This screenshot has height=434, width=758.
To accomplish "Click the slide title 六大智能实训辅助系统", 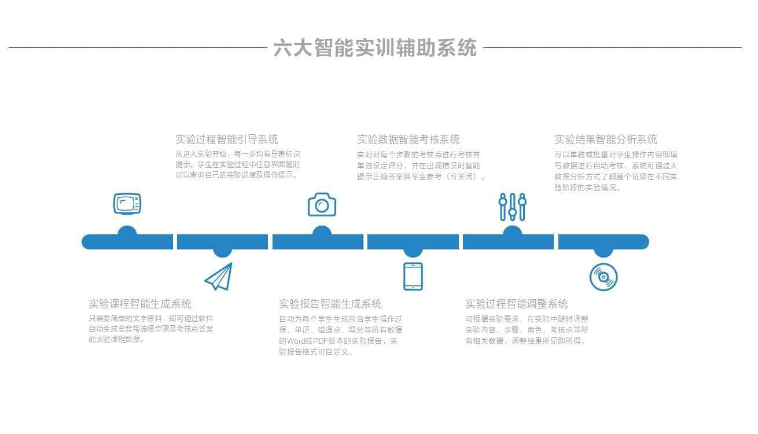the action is (375, 47).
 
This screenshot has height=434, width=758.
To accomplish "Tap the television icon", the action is (127, 204).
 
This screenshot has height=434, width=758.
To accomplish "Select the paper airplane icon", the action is (219, 277).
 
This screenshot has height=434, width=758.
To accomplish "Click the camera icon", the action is (322, 204).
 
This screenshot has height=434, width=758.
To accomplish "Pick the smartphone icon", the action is (413, 276).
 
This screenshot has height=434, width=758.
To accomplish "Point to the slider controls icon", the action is (512, 207).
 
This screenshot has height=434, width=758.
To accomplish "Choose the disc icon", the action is (604, 277).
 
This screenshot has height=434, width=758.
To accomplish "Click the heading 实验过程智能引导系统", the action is (226, 139).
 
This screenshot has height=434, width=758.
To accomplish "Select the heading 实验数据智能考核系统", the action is (408, 139).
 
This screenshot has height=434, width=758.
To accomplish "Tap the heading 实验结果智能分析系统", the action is (605, 139).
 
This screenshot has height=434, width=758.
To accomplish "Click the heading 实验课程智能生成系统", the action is (140, 304).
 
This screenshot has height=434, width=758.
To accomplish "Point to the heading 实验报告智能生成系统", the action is (330, 304).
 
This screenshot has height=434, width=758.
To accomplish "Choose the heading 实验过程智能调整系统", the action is (516, 304).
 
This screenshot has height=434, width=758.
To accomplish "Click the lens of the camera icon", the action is (322, 206).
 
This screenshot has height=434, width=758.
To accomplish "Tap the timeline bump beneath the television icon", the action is (127, 230).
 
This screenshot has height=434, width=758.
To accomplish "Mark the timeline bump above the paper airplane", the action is (222, 252).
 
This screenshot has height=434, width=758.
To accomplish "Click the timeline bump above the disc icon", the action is (604, 252).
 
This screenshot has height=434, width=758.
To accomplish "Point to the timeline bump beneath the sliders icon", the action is (512, 230).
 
